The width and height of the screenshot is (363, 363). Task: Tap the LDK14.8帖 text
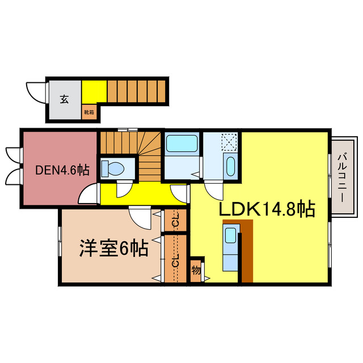click(x=267, y=209)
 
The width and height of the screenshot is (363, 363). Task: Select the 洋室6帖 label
click(x=113, y=248)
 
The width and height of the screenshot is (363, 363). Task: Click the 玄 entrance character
click(x=64, y=99)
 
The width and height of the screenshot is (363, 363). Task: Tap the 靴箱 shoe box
click(x=90, y=112)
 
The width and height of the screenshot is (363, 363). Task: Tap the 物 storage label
click(x=196, y=271)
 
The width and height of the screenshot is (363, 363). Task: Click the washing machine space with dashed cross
click(x=230, y=141)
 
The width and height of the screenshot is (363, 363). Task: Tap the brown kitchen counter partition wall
click(x=246, y=252)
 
